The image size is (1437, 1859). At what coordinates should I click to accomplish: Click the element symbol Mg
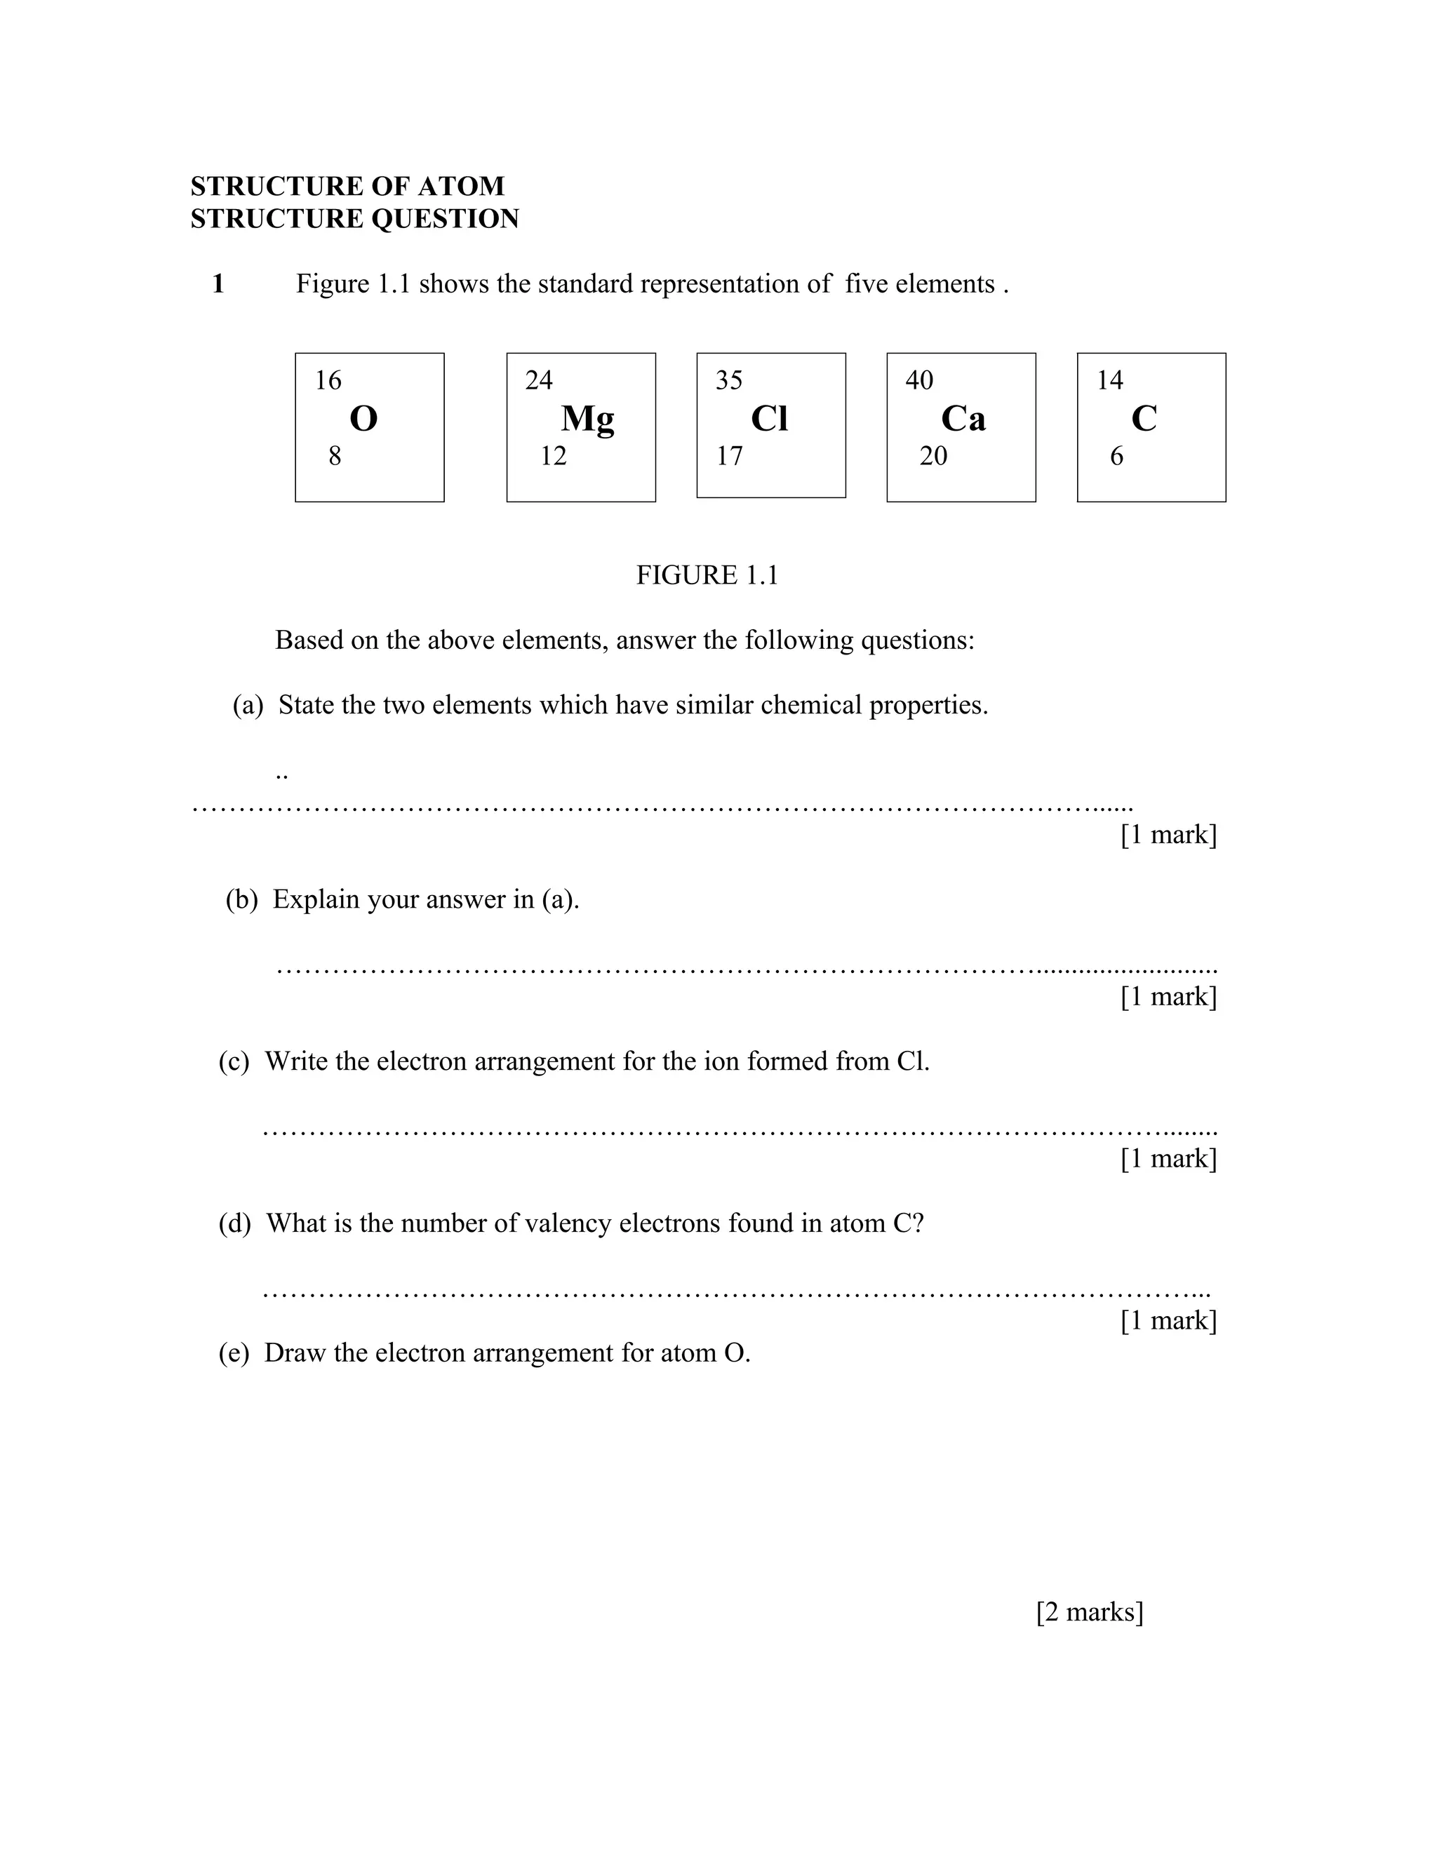[x=587, y=419]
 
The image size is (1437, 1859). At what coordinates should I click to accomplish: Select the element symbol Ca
[x=963, y=419]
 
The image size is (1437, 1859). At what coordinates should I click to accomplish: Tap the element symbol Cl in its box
[x=770, y=419]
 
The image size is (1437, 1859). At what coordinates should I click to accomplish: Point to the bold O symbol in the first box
[x=363, y=419]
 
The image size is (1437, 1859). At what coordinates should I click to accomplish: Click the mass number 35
[x=729, y=380]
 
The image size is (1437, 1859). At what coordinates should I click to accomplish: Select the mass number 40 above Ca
[x=919, y=380]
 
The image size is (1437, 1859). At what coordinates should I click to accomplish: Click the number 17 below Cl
[x=729, y=456]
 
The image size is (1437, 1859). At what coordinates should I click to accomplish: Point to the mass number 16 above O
[x=328, y=380]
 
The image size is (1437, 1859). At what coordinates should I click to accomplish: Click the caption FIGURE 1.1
[x=707, y=575]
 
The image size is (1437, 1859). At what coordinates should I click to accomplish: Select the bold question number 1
[x=218, y=283]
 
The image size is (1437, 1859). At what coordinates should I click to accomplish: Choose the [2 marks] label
[x=1090, y=1611]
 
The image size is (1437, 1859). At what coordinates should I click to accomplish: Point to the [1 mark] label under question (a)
[x=1168, y=834]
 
